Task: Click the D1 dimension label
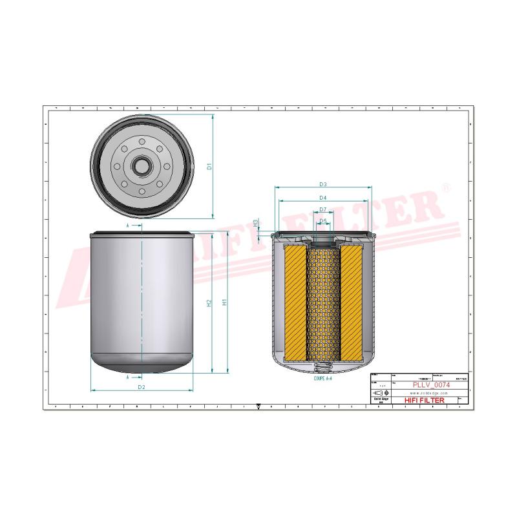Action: click(x=209, y=166)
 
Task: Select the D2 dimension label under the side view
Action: click(x=141, y=387)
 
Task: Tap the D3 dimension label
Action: click(x=322, y=184)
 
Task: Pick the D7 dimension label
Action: click(x=322, y=209)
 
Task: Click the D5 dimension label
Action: click(x=322, y=220)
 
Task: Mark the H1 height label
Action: click(x=224, y=302)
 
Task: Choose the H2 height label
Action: click(x=209, y=302)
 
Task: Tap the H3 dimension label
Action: click(x=256, y=223)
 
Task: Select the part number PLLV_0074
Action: click(x=431, y=385)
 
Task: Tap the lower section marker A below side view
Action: click(x=128, y=376)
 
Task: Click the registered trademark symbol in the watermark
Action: click(x=445, y=188)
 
